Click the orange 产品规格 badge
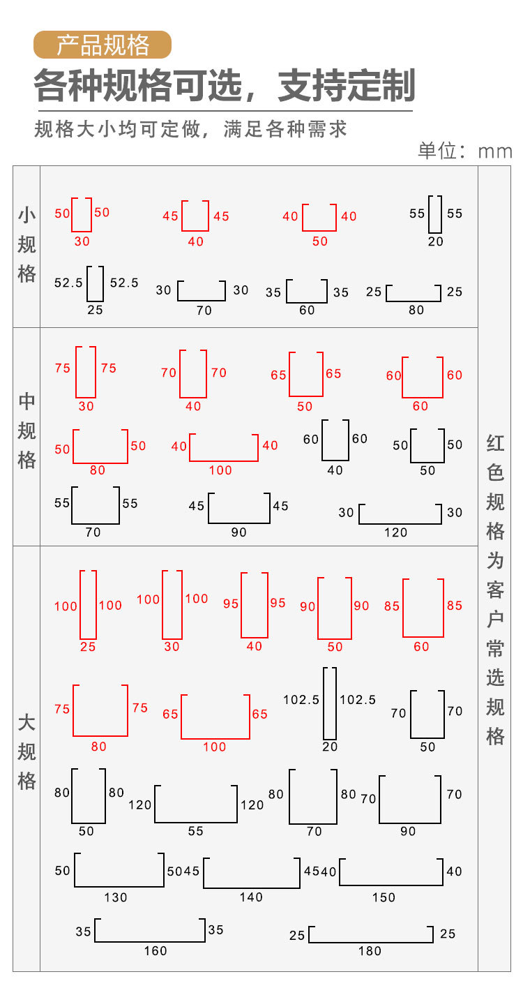103,45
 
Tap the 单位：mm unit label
464,151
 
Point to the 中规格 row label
26,431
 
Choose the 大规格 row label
26,751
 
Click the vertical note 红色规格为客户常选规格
495,590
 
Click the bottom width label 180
371,951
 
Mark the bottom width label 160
156,951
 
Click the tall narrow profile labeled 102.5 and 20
330,703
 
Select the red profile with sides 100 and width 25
88,605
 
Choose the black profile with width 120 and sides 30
400,514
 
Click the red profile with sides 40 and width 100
223,447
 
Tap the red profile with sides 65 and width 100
215,717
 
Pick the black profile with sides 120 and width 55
196,804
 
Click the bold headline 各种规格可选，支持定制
225,87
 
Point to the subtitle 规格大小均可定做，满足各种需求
190,129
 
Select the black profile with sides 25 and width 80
414,293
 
